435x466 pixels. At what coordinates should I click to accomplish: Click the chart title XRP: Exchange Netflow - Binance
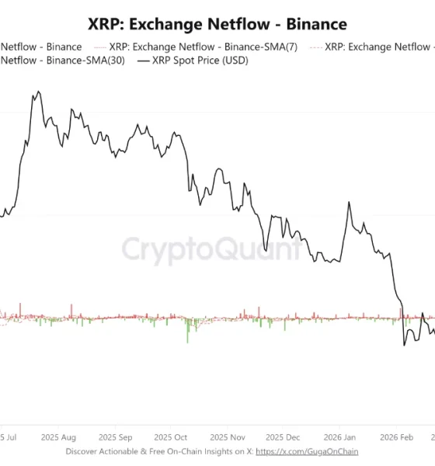[217, 26]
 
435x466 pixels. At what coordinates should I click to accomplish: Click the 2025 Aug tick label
[58, 436]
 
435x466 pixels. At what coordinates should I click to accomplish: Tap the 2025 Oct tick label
[171, 436]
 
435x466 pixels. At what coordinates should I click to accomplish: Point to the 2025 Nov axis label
[228, 436]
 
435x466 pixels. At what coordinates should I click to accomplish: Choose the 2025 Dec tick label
[284, 436]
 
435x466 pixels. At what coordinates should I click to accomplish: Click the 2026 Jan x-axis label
[339, 436]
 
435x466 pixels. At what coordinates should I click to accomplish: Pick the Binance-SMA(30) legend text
[62, 61]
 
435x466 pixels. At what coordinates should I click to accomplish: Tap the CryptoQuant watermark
[210, 250]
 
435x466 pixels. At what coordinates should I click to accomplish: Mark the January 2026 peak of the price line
[349, 203]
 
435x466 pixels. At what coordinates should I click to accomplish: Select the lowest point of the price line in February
[405, 345]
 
